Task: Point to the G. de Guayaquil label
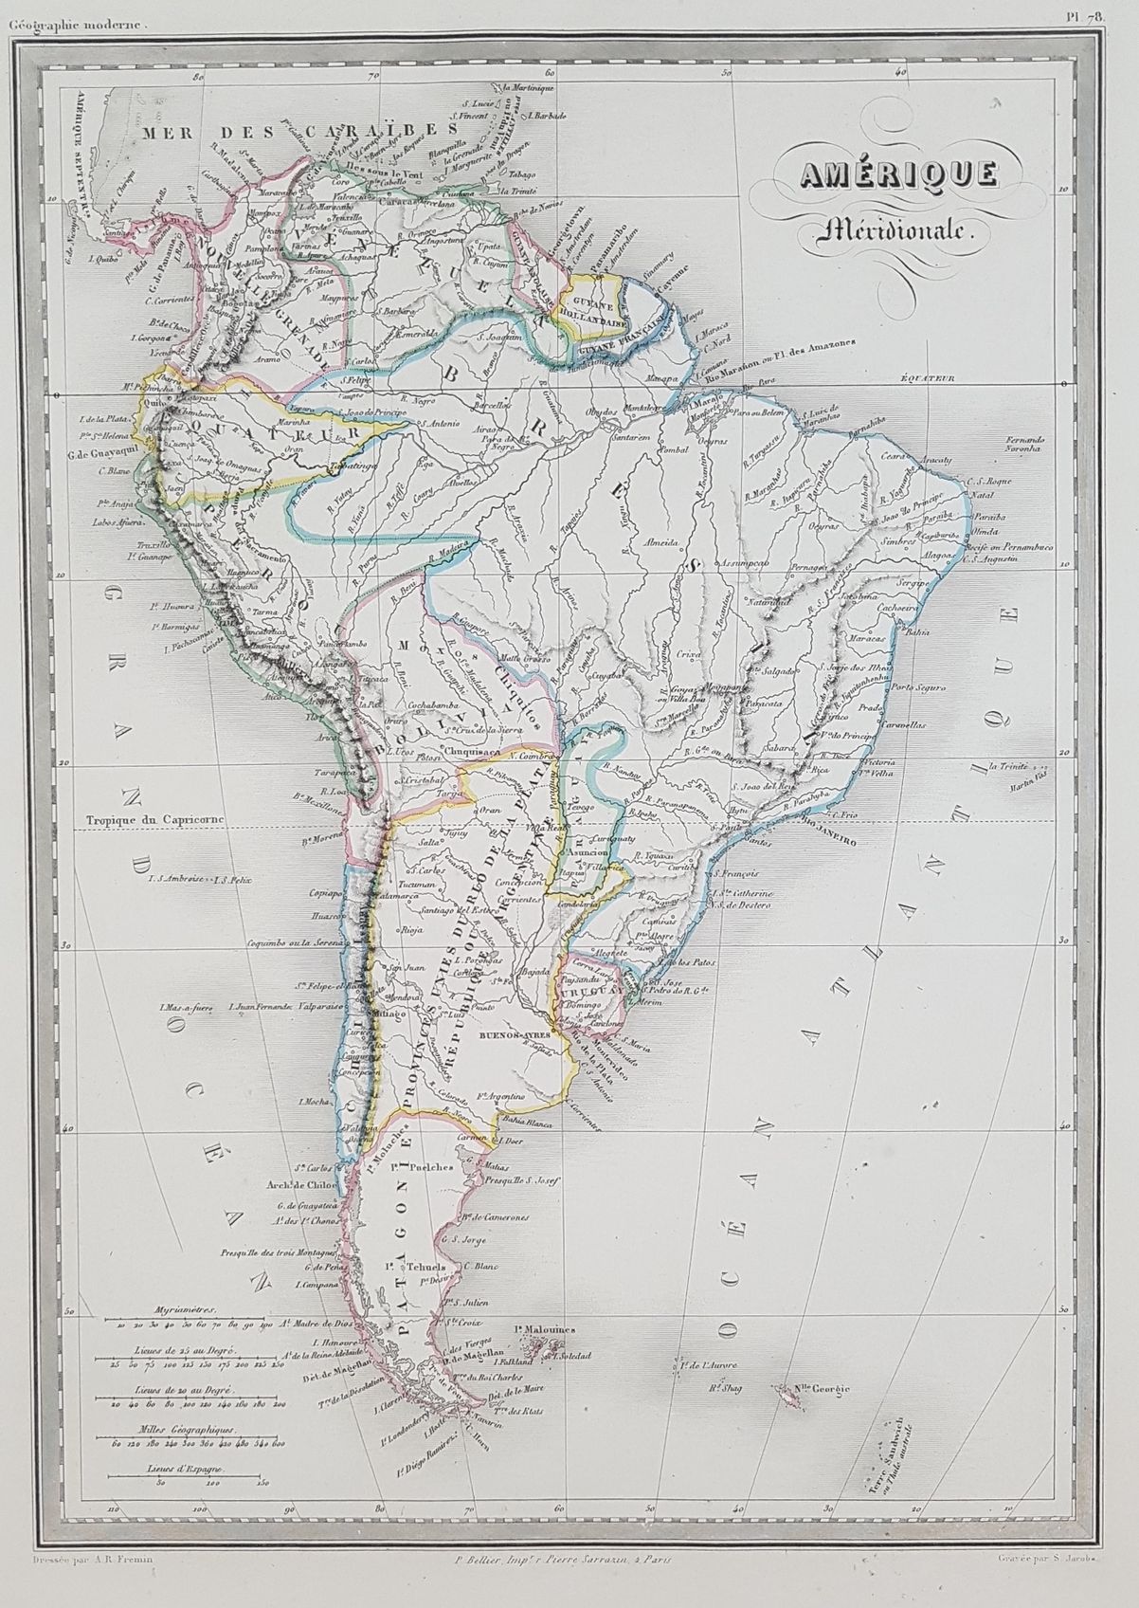(93, 439)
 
